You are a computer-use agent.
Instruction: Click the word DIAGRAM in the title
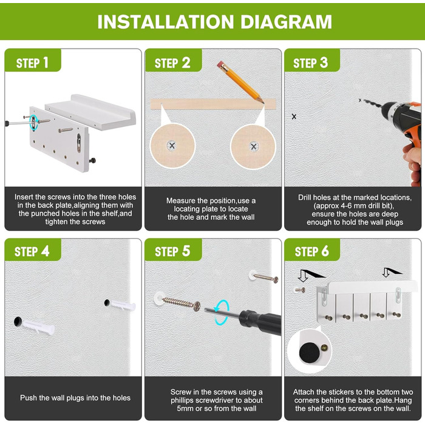click(x=286, y=22)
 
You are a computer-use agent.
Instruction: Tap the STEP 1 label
click(x=32, y=63)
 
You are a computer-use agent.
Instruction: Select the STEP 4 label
click(x=32, y=251)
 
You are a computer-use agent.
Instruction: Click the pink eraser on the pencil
click(x=220, y=64)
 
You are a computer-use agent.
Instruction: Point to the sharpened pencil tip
click(x=263, y=103)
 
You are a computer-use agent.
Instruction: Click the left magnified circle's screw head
click(x=172, y=146)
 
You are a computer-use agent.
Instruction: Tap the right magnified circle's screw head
click(x=254, y=147)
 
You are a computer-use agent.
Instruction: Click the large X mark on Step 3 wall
click(x=294, y=117)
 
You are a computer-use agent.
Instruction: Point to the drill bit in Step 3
click(x=372, y=104)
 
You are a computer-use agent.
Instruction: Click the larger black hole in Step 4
click(x=18, y=321)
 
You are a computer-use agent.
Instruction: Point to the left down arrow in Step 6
click(x=303, y=276)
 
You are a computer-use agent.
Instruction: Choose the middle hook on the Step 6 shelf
click(x=363, y=316)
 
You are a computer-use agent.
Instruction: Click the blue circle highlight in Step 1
click(x=33, y=123)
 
